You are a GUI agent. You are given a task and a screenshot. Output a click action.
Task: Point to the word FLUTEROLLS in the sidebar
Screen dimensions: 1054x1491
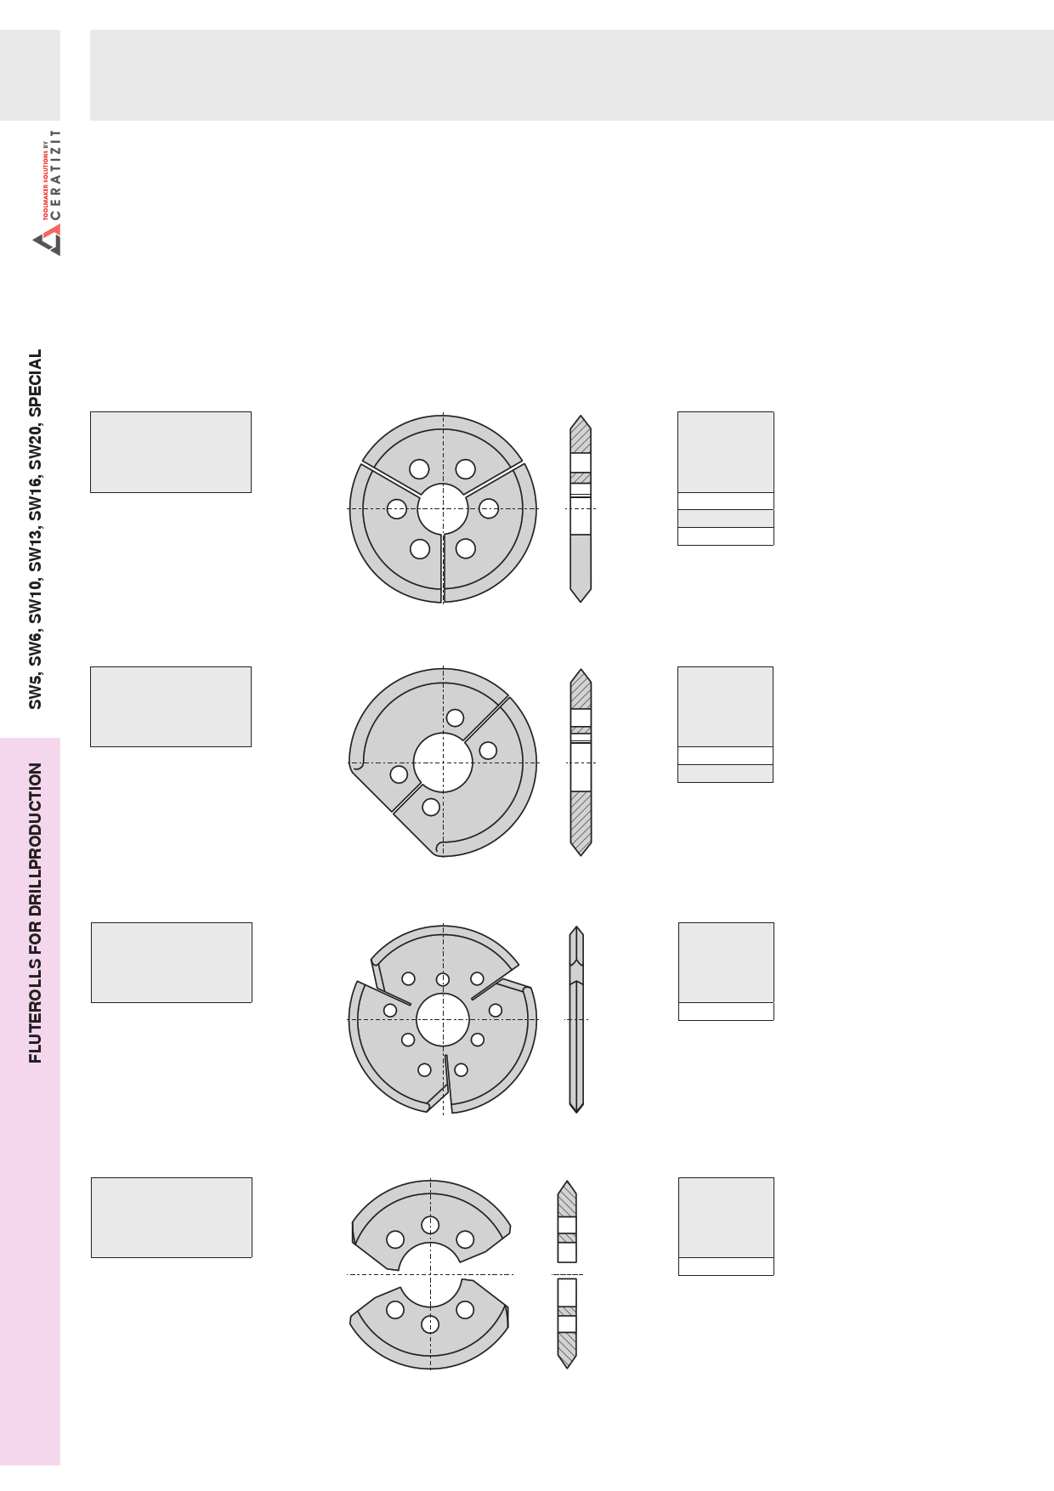coord(36,1010)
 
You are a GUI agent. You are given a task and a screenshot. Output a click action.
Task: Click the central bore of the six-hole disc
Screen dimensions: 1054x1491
coord(443,509)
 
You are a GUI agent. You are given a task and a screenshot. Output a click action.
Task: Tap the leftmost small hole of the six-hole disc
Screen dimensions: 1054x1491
coord(397,509)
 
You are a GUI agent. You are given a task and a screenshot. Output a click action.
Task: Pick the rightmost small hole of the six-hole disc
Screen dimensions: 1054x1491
coord(489,508)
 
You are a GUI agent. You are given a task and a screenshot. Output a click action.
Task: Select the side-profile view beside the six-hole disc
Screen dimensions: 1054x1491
coord(581,508)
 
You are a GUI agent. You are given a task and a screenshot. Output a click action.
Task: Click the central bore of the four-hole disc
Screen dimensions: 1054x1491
coord(443,763)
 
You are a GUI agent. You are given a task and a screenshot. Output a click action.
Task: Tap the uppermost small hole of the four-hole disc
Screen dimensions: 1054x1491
coord(456,717)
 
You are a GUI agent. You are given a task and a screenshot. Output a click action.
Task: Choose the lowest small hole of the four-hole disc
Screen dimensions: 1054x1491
coord(431,807)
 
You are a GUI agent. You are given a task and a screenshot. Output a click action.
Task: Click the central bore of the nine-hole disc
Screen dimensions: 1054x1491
coord(443,1019)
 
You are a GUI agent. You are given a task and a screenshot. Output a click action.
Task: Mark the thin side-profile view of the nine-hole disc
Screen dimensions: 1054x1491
coord(576,1019)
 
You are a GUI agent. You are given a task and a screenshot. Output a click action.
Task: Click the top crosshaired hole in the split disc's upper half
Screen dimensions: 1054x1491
coord(430,1225)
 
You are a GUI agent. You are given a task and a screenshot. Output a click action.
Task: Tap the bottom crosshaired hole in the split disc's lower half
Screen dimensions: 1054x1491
coord(430,1324)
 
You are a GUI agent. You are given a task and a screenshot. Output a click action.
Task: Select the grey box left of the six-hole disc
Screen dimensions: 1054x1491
coord(171,452)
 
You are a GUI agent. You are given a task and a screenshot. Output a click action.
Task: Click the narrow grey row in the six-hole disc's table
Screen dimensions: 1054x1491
coord(726,519)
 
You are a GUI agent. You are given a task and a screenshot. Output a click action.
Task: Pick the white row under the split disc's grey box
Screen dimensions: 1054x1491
coord(726,1267)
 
